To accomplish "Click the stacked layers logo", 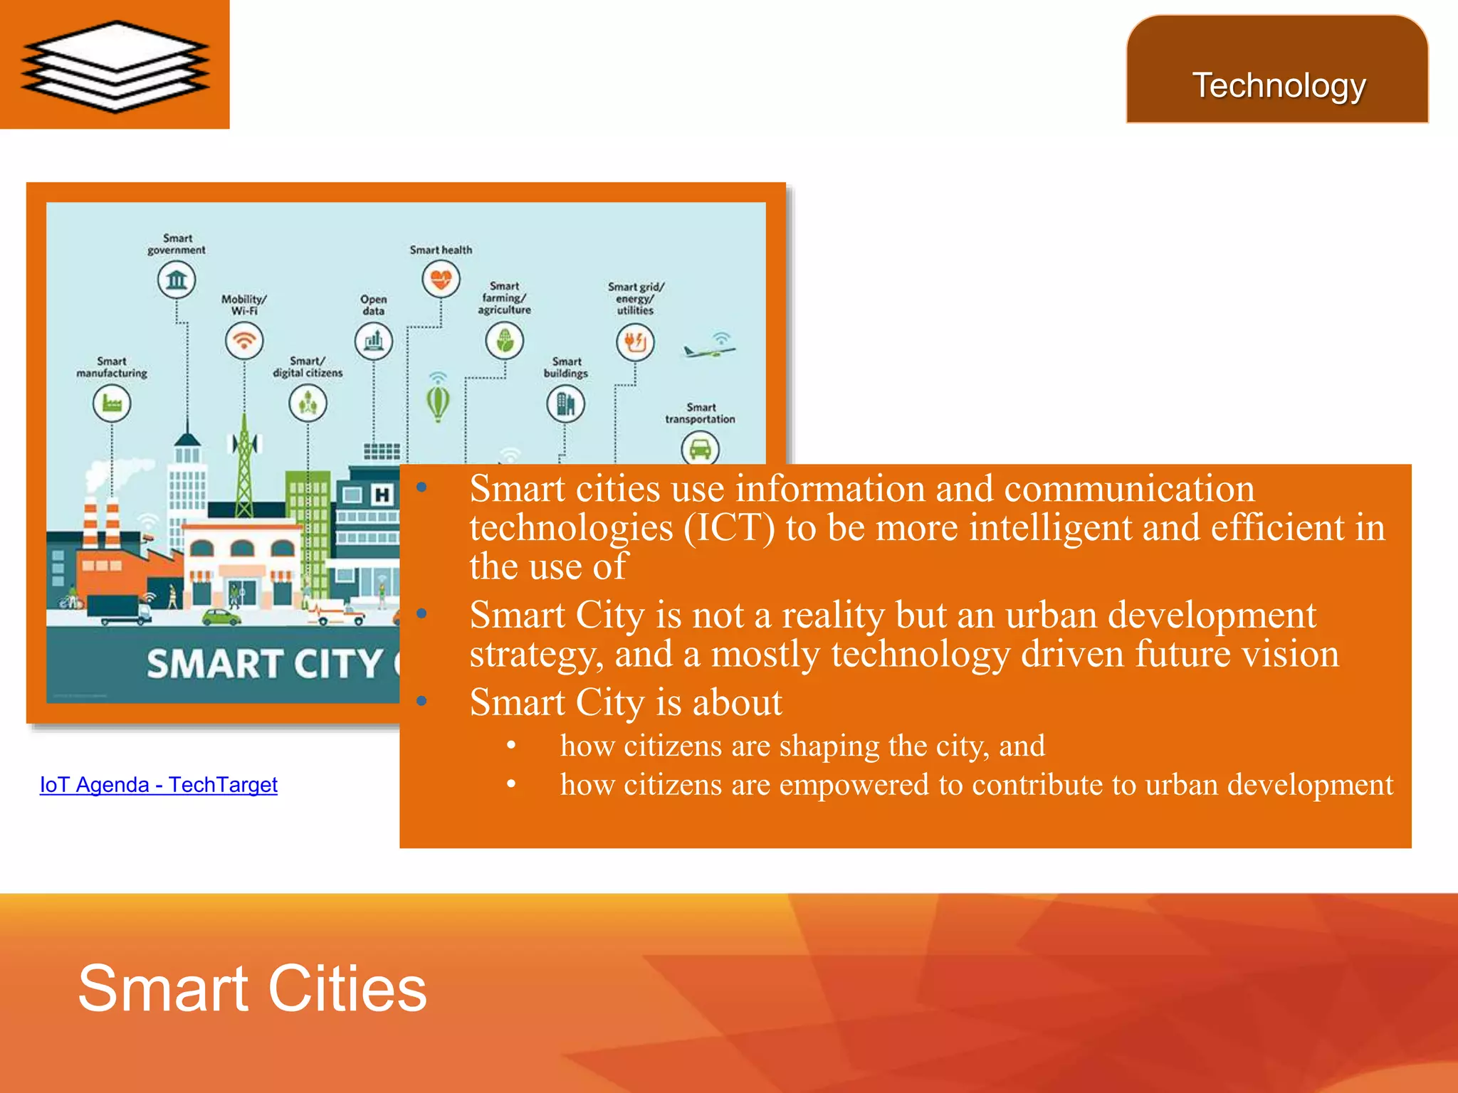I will (x=115, y=65).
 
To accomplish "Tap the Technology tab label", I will (x=1279, y=85).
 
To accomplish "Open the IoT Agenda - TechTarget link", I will (x=158, y=784).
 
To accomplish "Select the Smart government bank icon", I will (x=177, y=280).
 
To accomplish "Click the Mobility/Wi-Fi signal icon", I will (x=244, y=341).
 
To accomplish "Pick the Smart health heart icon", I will (x=441, y=279).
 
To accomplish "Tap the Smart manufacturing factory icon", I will (x=112, y=403).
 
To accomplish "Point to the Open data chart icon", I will (x=374, y=342).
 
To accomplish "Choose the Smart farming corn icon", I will (x=505, y=342).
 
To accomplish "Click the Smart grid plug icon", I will (x=635, y=342).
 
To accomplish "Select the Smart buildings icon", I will (x=566, y=404).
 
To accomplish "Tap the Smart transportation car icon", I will (x=701, y=449).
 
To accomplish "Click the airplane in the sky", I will (x=709, y=349).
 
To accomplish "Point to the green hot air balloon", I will (x=438, y=402).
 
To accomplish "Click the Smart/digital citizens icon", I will (x=308, y=403).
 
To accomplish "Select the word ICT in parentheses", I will (x=729, y=528).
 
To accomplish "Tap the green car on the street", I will (x=221, y=616).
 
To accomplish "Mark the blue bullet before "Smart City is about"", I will (x=422, y=702).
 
